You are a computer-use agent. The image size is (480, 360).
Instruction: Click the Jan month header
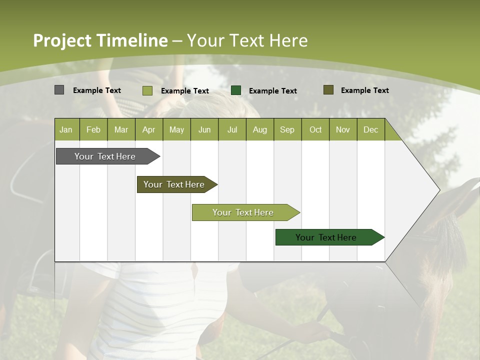pyautogui.click(x=66, y=129)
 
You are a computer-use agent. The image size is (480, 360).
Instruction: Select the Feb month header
pyautogui.click(x=93, y=129)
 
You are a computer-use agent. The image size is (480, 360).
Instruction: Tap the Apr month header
pyautogui.click(x=148, y=129)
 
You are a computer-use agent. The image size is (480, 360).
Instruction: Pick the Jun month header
pyautogui.click(x=204, y=129)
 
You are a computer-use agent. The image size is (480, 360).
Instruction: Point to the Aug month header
pyautogui.click(x=259, y=129)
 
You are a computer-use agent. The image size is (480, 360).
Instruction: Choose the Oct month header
pyautogui.click(x=315, y=129)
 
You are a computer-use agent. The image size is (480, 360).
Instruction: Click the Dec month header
pyautogui.click(x=370, y=129)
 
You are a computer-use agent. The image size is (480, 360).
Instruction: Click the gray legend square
pyautogui.click(x=59, y=90)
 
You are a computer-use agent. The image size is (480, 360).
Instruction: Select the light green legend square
pyautogui.click(x=147, y=90)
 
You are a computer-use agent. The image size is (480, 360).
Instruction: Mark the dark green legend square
pyautogui.click(x=236, y=90)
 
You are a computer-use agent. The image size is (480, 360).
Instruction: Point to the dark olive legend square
pyautogui.click(x=328, y=90)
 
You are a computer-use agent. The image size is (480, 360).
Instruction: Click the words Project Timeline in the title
pyautogui.click(x=100, y=40)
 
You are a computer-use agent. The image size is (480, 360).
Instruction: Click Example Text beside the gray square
pyautogui.click(x=97, y=90)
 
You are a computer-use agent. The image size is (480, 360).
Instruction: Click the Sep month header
pyautogui.click(x=287, y=129)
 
